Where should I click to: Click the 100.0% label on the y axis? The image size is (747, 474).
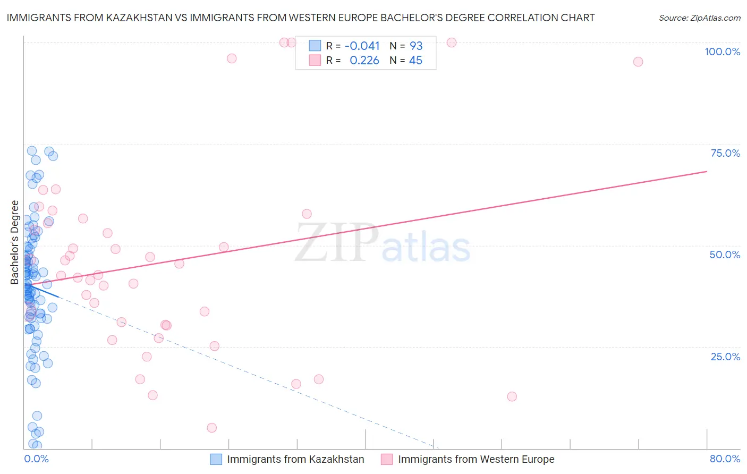click(x=722, y=52)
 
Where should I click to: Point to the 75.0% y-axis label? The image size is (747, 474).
click(x=725, y=153)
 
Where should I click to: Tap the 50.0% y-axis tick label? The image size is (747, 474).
click(x=725, y=255)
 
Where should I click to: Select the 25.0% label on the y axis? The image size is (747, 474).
click(x=725, y=357)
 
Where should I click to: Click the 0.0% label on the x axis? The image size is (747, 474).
click(x=36, y=459)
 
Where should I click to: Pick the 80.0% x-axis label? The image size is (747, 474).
click(x=725, y=459)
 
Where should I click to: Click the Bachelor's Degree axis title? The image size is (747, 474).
click(x=15, y=242)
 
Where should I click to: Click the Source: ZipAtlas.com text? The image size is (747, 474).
click(x=699, y=18)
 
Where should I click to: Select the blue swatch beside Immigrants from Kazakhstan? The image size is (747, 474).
click(x=216, y=459)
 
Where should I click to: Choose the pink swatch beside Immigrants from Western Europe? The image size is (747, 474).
click(x=387, y=459)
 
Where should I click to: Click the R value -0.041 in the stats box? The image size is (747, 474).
click(x=362, y=46)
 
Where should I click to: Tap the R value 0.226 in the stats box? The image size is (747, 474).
click(x=364, y=61)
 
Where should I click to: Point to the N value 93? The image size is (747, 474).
click(x=416, y=46)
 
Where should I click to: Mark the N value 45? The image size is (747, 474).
click(x=415, y=61)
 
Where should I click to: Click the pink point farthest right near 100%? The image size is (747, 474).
click(x=638, y=62)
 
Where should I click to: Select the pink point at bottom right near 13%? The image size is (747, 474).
click(x=512, y=396)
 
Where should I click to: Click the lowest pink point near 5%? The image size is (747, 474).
click(x=211, y=428)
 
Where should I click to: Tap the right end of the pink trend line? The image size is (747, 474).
click(x=707, y=171)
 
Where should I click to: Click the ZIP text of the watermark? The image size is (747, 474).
click(x=337, y=243)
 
